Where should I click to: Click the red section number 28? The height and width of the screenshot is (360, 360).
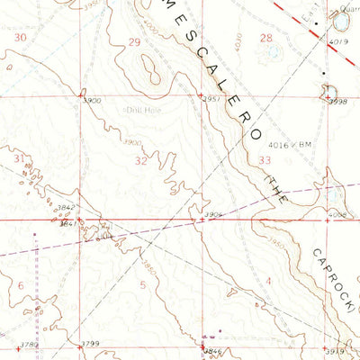click(265, 38)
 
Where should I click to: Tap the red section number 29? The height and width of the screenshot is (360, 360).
click(135, 42)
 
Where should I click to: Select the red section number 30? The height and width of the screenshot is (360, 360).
click(21, 37)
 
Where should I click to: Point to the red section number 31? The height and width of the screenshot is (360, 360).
click(21, 157)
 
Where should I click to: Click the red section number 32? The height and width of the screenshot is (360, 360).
click(141, 161)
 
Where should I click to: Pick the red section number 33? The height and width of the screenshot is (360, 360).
click(264, 159)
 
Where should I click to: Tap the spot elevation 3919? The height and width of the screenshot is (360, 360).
click(335, 350)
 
